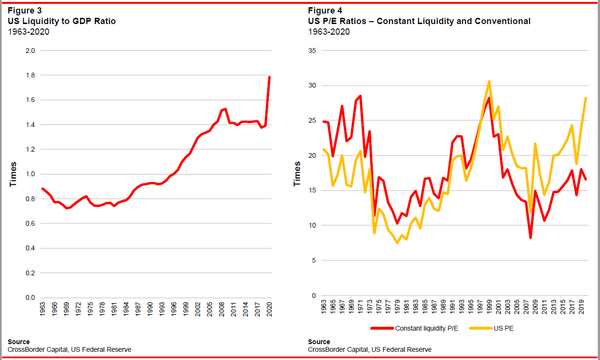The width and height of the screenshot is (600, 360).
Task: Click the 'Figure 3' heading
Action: pos(25,11)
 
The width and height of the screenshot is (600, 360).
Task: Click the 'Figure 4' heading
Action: pos(325,11)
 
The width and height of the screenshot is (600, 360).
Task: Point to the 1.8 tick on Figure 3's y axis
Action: pos(30,75)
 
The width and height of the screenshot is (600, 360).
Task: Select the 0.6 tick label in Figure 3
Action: pos(30,223)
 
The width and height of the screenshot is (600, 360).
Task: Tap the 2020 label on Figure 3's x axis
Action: pos(270,309)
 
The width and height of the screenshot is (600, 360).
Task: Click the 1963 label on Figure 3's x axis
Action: pos(42,309)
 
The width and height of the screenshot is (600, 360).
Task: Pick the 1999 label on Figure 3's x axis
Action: pos(186,309)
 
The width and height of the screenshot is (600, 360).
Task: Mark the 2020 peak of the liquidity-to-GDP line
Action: pos(270,77)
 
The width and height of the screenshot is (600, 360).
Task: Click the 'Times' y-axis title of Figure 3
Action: pos(13,174)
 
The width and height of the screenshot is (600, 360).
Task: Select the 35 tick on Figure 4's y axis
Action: pos(313,51)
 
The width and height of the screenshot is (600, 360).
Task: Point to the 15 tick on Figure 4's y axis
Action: pos(313,191)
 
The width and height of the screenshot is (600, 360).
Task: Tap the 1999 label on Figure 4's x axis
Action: pos(489,307)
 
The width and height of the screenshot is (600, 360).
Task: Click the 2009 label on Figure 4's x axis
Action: pos(535,307)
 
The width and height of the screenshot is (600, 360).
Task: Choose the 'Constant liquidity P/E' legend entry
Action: pos(415,328)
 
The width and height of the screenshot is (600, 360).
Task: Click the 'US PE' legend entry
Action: pos(492,328)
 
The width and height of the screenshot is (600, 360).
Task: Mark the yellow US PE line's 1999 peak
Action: pos(489,81)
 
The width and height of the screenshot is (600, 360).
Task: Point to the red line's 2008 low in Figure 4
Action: pos(530,237)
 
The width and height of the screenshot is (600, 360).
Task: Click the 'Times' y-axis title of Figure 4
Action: pos(297,174)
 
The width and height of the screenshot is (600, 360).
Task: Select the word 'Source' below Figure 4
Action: pos(319,342)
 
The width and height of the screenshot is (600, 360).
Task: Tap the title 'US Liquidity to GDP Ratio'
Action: pos(62,21)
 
